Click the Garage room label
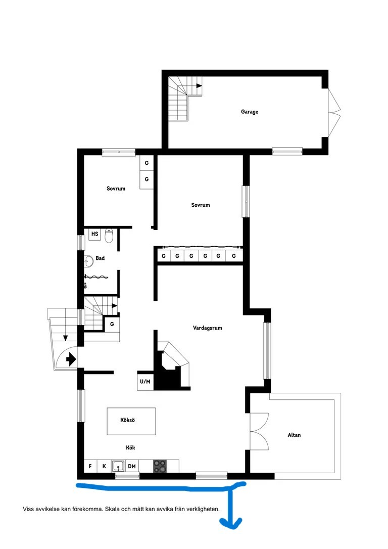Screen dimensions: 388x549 250,112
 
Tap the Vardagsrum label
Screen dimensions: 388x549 208,328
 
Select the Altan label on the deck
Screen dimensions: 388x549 294,435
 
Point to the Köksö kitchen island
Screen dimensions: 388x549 131,421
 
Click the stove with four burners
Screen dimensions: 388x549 160,466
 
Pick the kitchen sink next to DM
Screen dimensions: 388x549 118,466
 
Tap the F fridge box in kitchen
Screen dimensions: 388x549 90,466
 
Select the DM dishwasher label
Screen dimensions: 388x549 131,466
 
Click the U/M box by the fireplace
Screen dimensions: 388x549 145,381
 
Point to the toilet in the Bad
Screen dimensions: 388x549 109,236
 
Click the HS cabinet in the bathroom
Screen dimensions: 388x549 94,234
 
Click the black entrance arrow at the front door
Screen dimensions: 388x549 71,359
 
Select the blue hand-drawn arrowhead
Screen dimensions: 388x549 231,523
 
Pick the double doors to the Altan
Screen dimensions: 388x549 259,431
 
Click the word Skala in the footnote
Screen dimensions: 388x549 113,509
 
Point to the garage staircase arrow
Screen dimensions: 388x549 199,86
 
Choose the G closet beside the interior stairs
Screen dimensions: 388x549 112,324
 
